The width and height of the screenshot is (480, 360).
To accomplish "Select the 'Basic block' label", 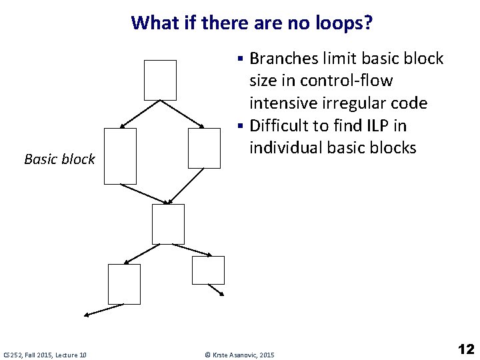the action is point(59,159).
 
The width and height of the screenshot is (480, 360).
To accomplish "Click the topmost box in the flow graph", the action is point(160,80).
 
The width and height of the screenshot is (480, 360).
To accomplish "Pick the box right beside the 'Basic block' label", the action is point(120,156).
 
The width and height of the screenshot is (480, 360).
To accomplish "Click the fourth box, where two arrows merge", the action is point(168,224).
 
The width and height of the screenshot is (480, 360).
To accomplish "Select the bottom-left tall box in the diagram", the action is point(124,284).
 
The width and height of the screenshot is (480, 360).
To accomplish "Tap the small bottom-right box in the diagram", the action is point(208,270).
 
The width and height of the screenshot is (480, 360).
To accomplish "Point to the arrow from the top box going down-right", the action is point(183,114).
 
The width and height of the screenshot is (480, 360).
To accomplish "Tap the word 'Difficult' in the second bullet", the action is point(279,125).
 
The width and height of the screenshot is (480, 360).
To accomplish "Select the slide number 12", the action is point(466,349).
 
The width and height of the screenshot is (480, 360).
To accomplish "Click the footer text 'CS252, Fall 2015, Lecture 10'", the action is point(45,355).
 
